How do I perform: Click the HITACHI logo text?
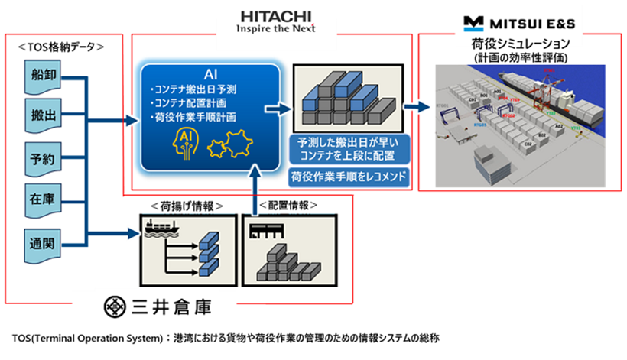pyautogui.click(x=275, y=15)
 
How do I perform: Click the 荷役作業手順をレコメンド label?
pyautogui.click(x=349, y=177)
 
